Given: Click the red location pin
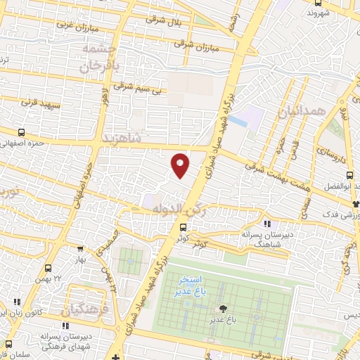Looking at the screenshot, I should coord(181,165).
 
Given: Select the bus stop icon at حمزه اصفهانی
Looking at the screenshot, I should coord(21,132).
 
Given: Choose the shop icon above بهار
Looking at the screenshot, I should coord(82,247).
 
